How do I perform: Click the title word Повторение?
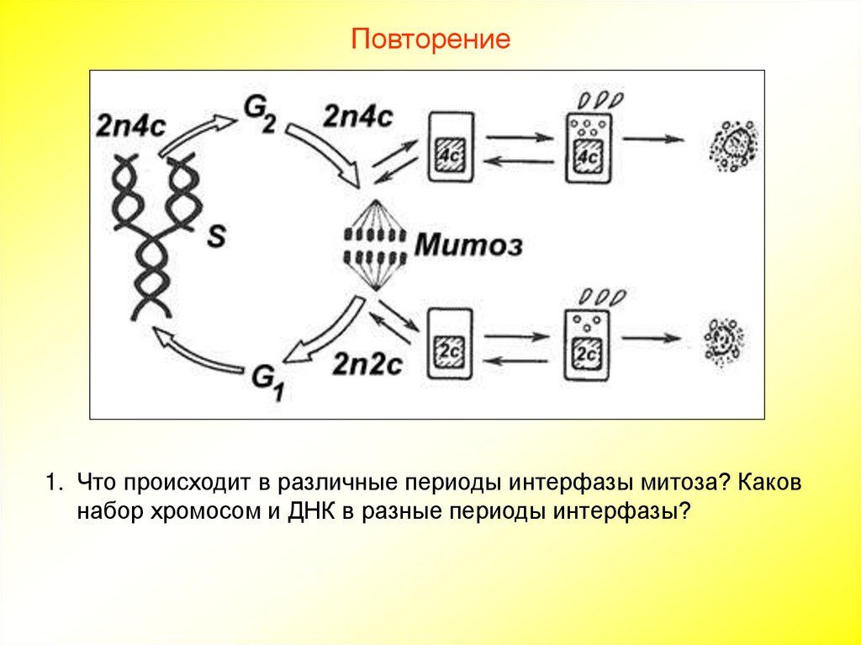430,39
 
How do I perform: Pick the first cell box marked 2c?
451,343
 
